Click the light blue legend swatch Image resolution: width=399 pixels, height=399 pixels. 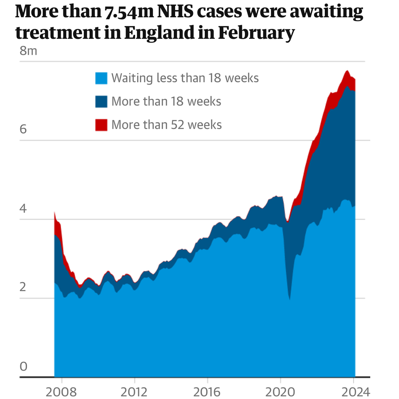101,78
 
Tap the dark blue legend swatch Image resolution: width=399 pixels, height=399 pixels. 101,101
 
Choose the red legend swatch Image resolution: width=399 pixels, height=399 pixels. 101,125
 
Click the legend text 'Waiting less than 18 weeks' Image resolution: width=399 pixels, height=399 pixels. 185,78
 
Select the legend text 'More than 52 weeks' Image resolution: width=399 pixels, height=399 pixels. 166,124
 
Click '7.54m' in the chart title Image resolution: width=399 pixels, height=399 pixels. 123,13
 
